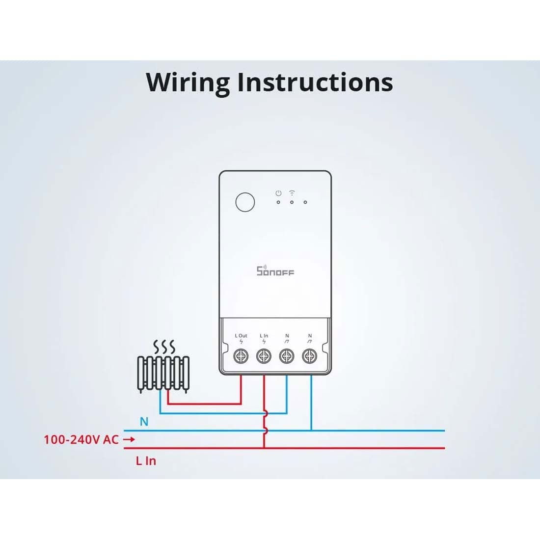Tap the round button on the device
point(245,202)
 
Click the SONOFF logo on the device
point(275,270)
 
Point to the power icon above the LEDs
point(278,193)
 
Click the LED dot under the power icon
point(278,202)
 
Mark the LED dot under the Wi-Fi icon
point(292,202)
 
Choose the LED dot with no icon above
point(305,202)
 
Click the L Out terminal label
point(241,336)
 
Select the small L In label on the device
point(264,336)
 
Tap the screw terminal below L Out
point(241,356)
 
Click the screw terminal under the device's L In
point(264,356)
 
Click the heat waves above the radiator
point(164,347)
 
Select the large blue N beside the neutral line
point(144,422)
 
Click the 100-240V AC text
point(81,440)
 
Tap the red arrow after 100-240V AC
point(129,440)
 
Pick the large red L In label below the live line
point(146,461)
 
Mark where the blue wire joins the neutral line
point(311,431)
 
